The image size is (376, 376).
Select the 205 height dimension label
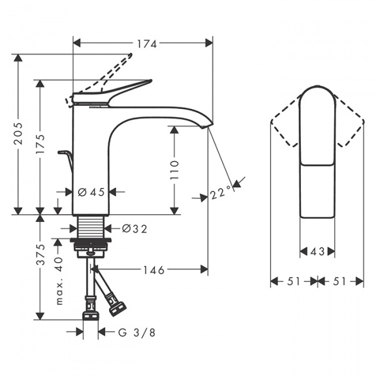click(19, 133)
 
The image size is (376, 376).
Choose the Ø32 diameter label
click(133, 229)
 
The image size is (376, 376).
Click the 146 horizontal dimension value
click(154, 270)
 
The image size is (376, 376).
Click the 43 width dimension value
click(317, 251)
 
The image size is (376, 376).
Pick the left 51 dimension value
click(292, 281)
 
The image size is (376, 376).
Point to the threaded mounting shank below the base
click(93, 228)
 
